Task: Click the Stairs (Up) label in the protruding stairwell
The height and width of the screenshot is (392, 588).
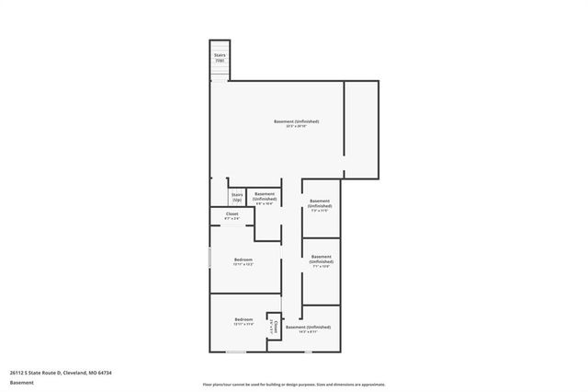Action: (220, 57)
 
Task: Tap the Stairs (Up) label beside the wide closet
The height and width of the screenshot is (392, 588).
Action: (237, 197)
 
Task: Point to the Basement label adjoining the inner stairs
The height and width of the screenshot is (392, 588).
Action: (265, 197)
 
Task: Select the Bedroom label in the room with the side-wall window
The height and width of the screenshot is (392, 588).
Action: (243, 260)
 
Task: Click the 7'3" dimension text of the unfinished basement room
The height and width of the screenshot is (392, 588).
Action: (320, 211)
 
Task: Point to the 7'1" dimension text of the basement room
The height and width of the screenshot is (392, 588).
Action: (322, 267)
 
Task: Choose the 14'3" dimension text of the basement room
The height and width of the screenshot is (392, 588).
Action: (308, 332)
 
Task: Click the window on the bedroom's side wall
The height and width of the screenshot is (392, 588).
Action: (210, 258)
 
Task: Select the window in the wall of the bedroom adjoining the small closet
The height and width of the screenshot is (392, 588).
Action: (236, 351)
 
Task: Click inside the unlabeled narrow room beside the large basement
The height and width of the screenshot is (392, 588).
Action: (361, 129)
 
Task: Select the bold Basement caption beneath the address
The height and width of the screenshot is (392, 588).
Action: (21, 382)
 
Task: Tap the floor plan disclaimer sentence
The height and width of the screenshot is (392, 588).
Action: (294, 383)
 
